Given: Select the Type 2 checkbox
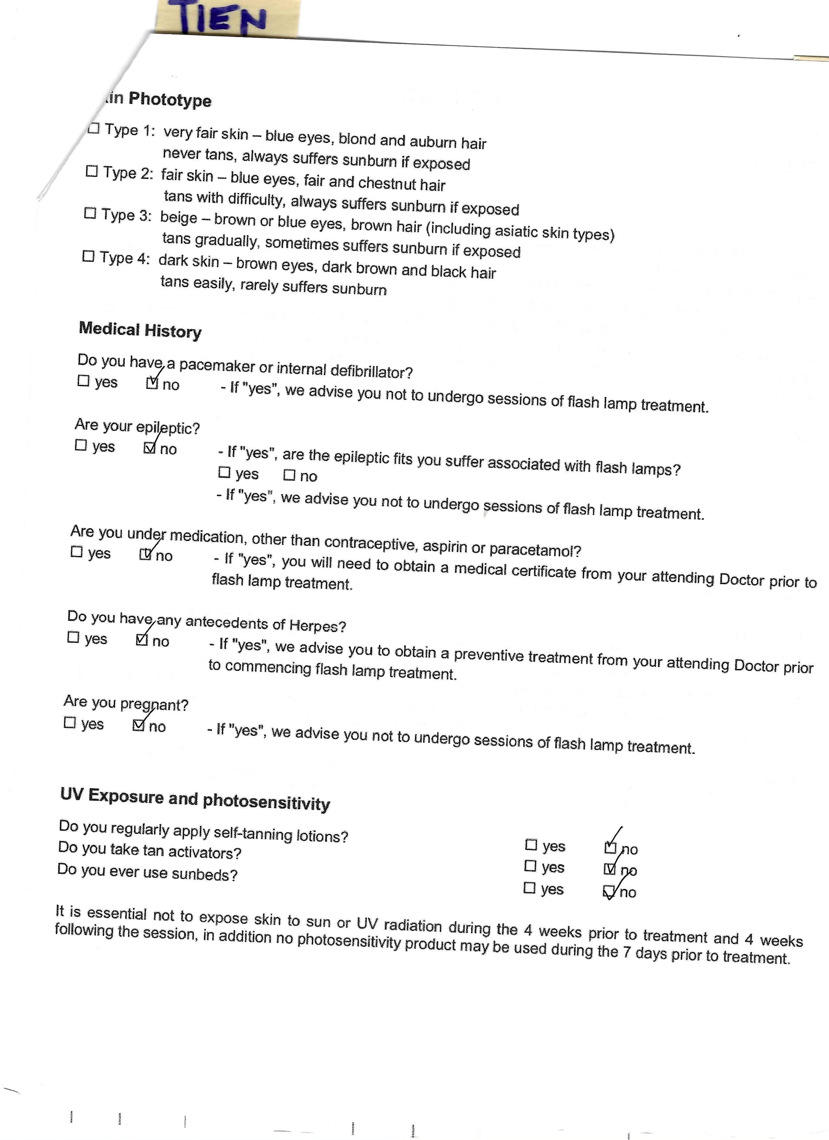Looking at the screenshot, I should point(91,171).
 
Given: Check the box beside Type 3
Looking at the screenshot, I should point(90,213).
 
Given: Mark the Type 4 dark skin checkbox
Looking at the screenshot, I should point(88,256).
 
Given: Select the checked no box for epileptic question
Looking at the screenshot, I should point(149,447).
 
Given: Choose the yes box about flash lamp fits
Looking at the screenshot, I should point(224,473).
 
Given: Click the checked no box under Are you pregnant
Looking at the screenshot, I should point(138,725).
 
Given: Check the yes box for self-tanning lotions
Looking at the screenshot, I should point(531,845).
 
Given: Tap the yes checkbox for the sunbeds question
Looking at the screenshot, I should point(529,888).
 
